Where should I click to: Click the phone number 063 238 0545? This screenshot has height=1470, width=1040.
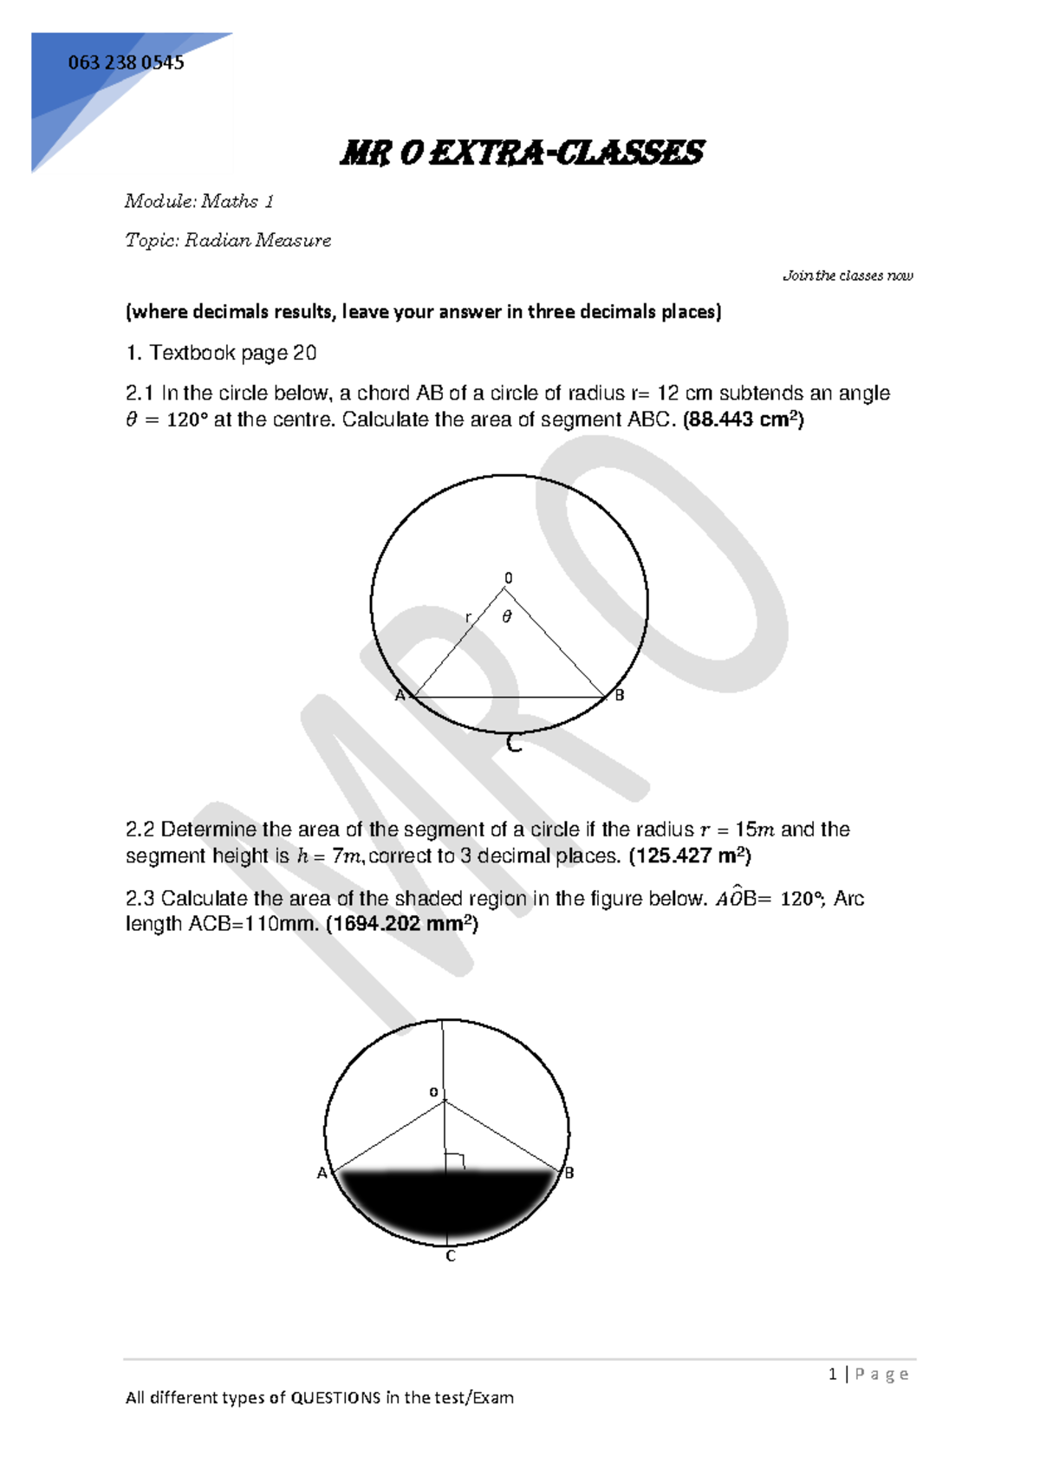pyautogui.click(x=126, y=62)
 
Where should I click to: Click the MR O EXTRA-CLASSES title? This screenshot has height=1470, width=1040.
pyautogui.click(x=521, y=153)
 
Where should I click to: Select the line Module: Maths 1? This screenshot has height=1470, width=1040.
pyautogui.click(x=199, y=201)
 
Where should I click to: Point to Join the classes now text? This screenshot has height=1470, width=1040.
pyautogui.click(x=848, y=276)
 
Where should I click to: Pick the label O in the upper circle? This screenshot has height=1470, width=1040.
pyautogui.click(x=509, y=578)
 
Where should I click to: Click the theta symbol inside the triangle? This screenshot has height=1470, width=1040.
pyautogui.click(x=507, y=616)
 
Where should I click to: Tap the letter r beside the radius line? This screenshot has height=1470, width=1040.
pyautogui.click(x=468, y=617)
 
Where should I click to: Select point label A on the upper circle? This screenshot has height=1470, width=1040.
pyautogui.click(x=400, y=695)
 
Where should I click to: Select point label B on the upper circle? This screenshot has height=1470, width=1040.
pyautogui.click(x=620, y=695)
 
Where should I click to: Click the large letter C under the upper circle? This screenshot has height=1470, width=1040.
pyautogui.click(x=514, y=743)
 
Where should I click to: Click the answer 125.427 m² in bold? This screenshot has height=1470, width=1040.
pyautogui.click(x=690, y=856)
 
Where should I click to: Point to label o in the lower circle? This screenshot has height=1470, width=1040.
pyautogui.click(x=434, y=1092)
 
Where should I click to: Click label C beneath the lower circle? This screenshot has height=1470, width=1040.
pyautogui.click(x=451, y=1256)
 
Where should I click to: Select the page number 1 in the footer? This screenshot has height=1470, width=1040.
pyautogui.click(x=833, y=1374)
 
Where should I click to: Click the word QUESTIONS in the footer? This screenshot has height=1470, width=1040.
pyautogui.click(x=335, y=1397)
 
